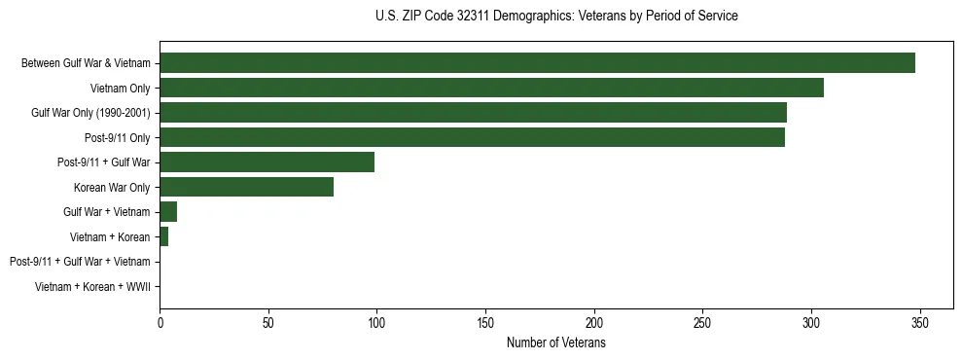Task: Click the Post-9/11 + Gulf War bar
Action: [267, 162]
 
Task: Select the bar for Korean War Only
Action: [246, 187]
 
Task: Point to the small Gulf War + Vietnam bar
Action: [168, 212]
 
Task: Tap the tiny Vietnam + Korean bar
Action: [163, 236]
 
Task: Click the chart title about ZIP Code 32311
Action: [555, 17]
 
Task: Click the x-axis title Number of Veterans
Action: [555, 343]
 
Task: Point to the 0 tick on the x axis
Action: [160, 323]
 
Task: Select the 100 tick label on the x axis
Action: [376, 323]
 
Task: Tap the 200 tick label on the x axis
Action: [594, 323]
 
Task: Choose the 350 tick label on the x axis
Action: [920, 323]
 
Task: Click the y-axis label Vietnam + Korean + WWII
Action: [92, 286]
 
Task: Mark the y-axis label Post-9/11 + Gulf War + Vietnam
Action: [80, 262]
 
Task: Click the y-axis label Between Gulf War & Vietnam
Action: [86, 63]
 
